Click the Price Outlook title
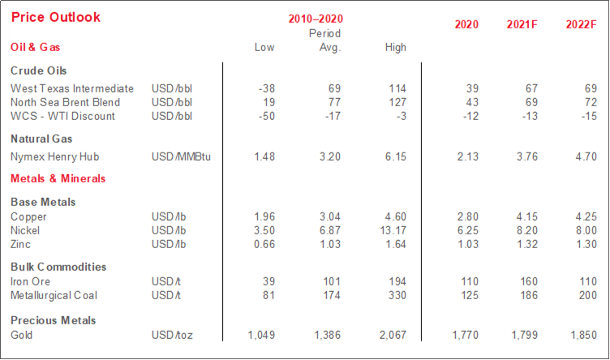pos(56,17)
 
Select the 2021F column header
pos(522,24)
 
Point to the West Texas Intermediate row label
pos(71,88)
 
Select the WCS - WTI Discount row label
pos(62,116)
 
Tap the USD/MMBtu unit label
pos(180,156)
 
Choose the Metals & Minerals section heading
pos(58,178)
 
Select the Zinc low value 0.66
pos(263,244)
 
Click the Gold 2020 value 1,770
pos(463,334)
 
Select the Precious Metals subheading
pos(54,320)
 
